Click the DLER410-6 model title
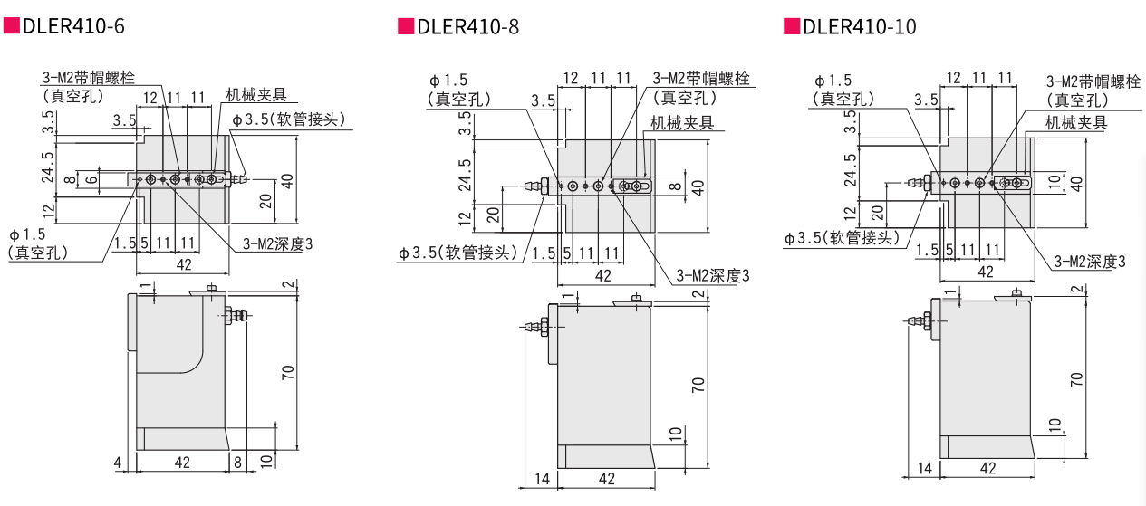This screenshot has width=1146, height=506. pyautogui.click(x=73, y=26)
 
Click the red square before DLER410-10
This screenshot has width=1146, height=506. pyautogui.click(x=791, y=26)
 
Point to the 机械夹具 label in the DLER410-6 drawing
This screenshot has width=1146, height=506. pyautogui.click(x=256, y=95)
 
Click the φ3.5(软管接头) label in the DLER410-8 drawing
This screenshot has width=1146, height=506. pyautogui.click(x=458, y=253)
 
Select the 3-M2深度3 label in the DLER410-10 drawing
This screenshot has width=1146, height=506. pyautogui.click(x=1090, y=262)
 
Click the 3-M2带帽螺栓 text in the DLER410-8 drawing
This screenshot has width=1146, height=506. pyautogui.click(x=702, y=79)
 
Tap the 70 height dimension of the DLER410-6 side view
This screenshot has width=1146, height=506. pyautogui.click(x=288, y=372)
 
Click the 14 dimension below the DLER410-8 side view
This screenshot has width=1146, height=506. pyautogui.click(x=542, y=479)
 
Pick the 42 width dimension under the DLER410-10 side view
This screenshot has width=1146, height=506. pyautogui.click(x=987, y=468)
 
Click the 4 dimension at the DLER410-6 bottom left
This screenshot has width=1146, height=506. pyautogui.click(x=118, y=463)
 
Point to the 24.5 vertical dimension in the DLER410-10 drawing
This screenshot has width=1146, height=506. pyautogui.click(x=850, y=169)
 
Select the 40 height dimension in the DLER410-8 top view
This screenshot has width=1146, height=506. pyautogui.click(x=698, y=188)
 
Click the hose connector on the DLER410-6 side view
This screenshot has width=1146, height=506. pyautogui.click(x=237, y=316)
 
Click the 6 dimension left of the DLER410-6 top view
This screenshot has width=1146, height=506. pyautogui.click(x=92, y=179)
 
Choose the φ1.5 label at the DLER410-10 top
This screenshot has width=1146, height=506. pyautogui.click(x=832, y=81)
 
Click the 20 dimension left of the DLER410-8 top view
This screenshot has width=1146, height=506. pyautogui.click(x=493, y=215)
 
